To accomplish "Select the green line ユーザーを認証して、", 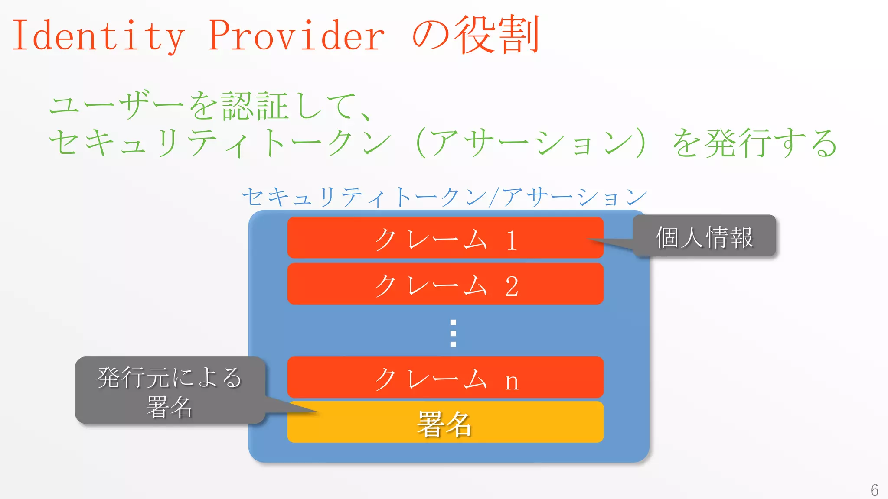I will [210, 106].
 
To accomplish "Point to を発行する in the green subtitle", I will [754, 143].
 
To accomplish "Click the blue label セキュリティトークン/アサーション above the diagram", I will [444, 197].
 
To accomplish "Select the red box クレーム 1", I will [445, 238].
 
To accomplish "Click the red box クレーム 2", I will [445, 284].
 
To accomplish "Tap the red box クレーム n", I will [445, 377].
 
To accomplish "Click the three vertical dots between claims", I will [453, 333].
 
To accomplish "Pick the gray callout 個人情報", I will [704, 236].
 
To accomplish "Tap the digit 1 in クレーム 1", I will [512, 240].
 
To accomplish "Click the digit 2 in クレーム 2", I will [512, 286].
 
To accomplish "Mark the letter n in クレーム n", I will [512, 382].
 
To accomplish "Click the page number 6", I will [874, 490].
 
